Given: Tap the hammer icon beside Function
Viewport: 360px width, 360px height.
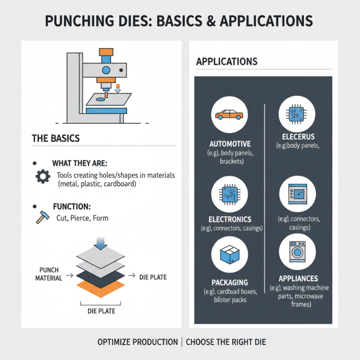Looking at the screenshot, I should [41, 218].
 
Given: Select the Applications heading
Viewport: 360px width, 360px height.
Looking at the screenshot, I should [227, 62].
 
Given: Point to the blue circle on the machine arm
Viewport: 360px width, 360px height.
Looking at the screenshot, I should [106, 70].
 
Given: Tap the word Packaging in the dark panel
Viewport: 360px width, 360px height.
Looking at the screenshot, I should [230, 282].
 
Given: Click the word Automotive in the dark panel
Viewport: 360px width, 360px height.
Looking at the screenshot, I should [230, 144].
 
